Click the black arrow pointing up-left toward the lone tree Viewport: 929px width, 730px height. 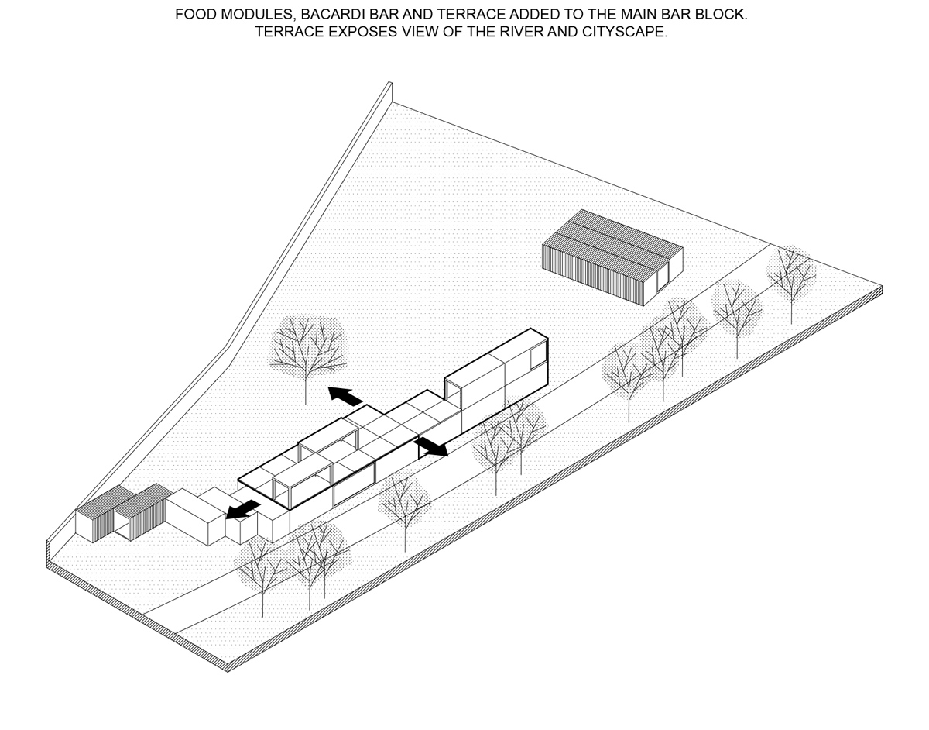coord(345,396)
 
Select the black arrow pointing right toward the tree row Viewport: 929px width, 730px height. coord(433,446)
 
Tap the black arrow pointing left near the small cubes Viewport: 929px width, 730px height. coord(243,509)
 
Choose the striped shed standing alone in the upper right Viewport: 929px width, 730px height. coord(612,257)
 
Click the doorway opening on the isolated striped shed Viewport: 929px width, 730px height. coord(662,277)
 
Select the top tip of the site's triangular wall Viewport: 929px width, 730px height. coord(389,81)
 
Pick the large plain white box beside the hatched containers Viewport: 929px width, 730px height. coord(195,517)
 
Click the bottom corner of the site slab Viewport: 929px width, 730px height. coord(228,672)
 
